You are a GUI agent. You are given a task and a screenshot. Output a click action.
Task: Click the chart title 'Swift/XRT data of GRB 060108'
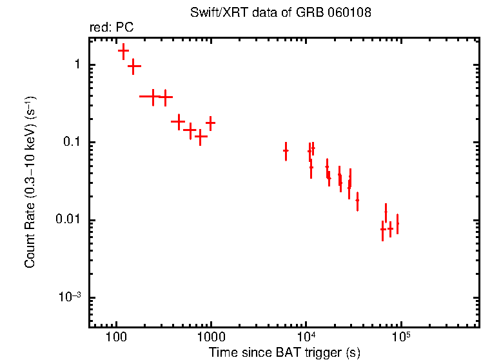tap(280, 13)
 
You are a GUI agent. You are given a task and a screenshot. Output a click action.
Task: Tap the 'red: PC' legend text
tap(111, 28)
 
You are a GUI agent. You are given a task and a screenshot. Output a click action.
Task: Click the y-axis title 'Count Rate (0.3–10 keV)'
tap(30, 183)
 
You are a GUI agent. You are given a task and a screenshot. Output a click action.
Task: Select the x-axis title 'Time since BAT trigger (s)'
tap(284, 352)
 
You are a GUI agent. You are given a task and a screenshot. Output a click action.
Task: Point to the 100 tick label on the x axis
tap(116, 338)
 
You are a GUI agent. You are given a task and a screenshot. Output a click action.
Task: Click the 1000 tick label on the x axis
tap(210, 338)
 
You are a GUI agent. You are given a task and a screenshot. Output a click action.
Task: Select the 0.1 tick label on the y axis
tap(72, 143)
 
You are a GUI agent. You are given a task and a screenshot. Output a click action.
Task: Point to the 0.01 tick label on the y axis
tap(69, 220)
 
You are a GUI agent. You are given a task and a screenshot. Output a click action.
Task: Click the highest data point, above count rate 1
tap(123, 50)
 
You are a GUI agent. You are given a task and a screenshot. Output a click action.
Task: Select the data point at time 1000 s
tap(210, 122)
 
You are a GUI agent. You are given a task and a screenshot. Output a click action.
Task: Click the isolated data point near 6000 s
tap(286, 150)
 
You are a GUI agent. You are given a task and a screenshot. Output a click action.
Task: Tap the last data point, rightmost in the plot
tap(397, 223)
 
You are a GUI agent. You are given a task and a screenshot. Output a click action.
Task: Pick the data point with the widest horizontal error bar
tap(153, 97)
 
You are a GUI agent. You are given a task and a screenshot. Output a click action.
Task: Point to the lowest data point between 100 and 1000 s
tap(201, 137)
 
